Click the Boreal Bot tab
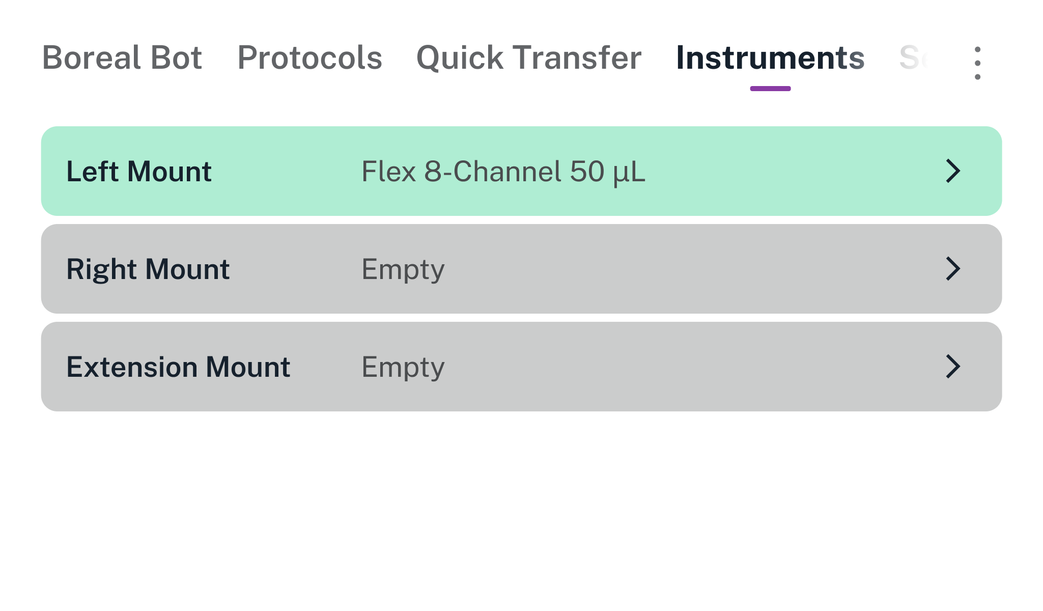coord(122,58)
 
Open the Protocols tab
coord(309,58)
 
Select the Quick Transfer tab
coord(528,58)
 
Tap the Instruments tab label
coord(770,58)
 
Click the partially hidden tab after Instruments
coord(913,58)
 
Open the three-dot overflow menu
coord(977,63)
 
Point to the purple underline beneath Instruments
coord(770,89)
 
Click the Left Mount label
coord(139,172)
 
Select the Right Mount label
coord(148,269)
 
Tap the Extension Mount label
coord(178,367)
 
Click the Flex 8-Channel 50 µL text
coord(503,172)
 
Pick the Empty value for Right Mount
coord(403,269)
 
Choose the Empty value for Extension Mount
coord(403,367)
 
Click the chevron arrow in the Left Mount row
coord(952,171)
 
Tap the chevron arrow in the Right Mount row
coord(952,269)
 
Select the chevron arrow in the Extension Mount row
coord(952,367)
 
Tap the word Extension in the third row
coord(132,367)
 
